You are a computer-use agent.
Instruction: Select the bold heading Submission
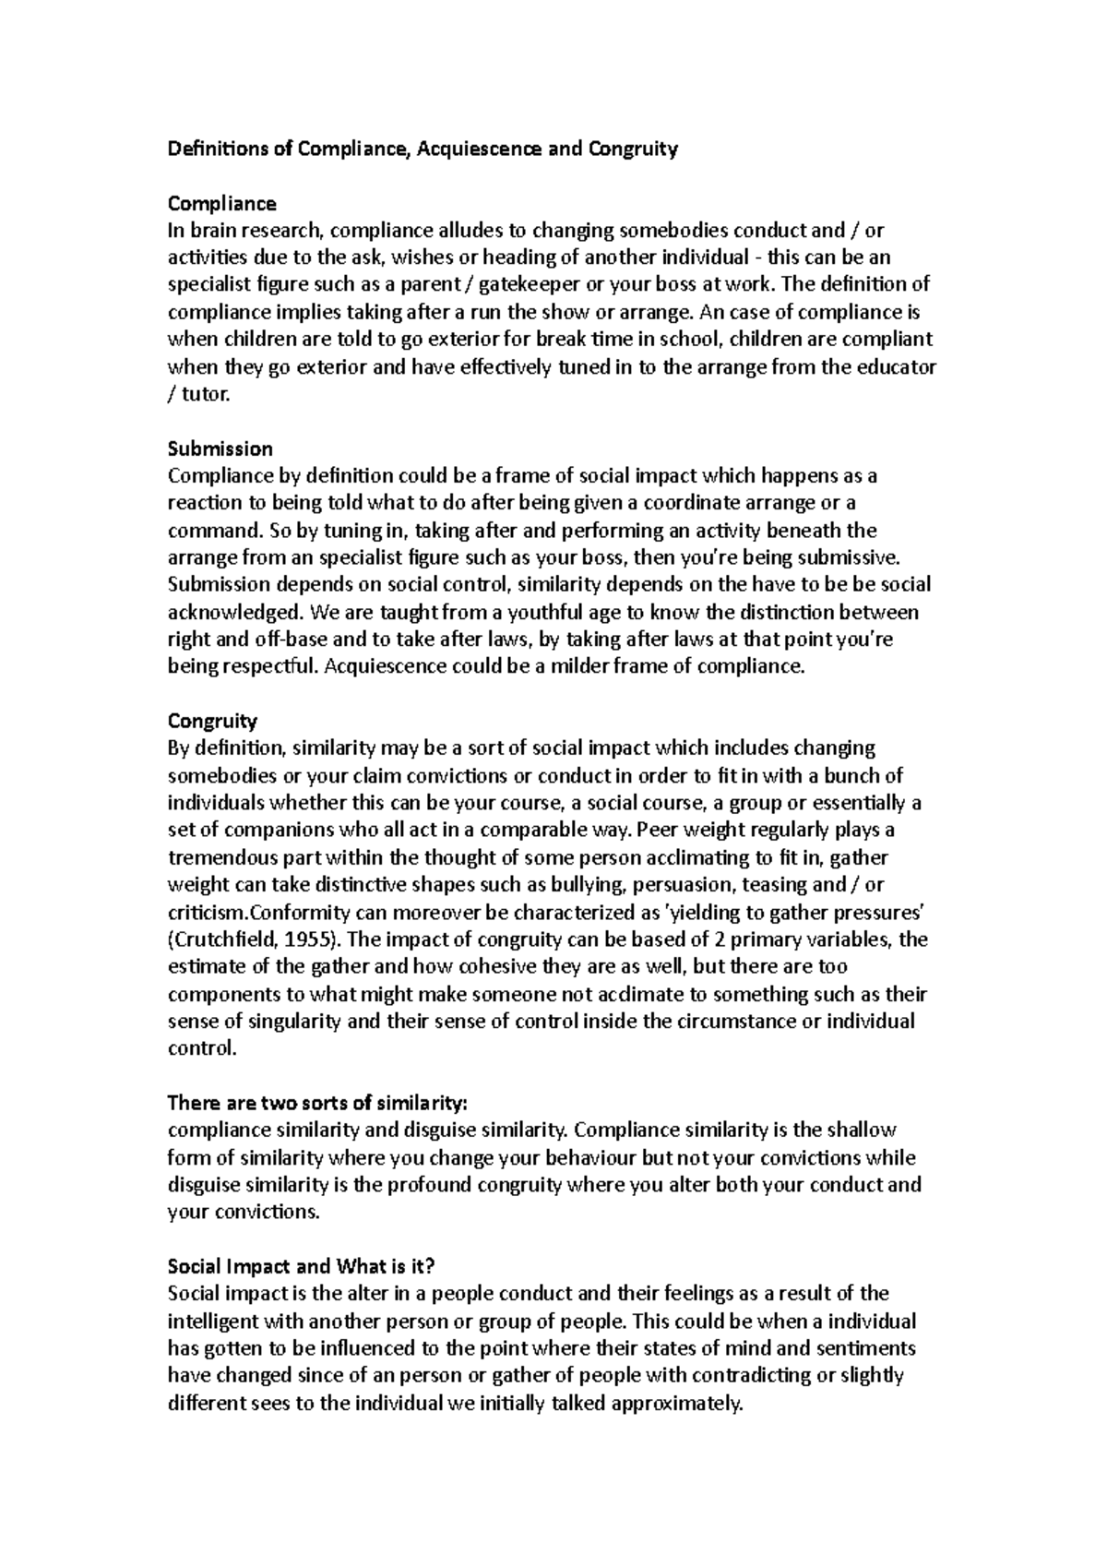[x=220, y=449]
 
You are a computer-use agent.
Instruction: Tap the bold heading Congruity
[x=212, y=720]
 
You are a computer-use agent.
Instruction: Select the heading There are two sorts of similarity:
[x=317, y=1103]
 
